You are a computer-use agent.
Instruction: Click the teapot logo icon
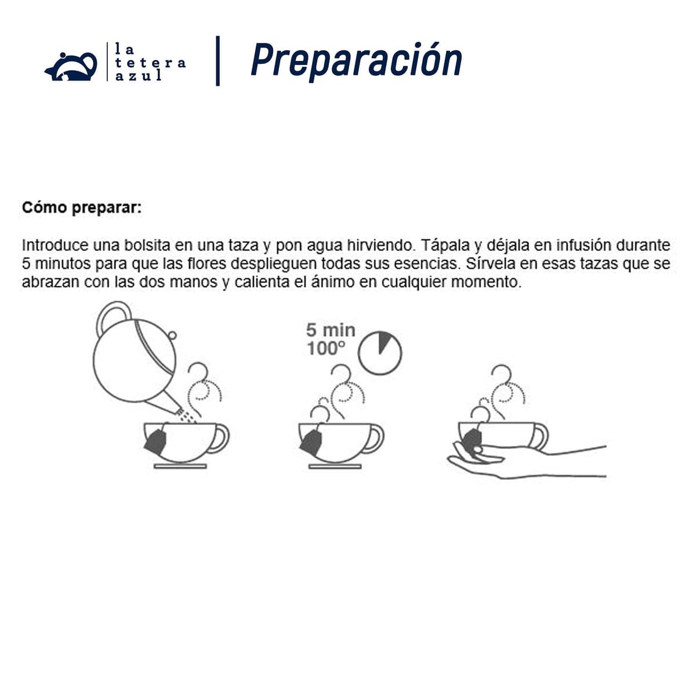71,67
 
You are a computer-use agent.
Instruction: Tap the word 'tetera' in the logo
150,63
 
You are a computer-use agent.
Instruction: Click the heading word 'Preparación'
356,61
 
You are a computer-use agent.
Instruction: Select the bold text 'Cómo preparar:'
82,208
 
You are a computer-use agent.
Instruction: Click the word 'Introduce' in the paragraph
56,245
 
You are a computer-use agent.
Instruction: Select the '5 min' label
331,330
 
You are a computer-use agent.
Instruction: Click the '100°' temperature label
326,348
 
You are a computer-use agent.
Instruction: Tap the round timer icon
379,353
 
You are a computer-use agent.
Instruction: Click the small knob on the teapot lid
172,336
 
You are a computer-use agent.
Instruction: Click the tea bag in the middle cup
311,442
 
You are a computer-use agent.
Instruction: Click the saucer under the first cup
180,466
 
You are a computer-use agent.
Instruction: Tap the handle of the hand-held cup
539,437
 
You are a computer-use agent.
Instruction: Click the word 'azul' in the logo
139,75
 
